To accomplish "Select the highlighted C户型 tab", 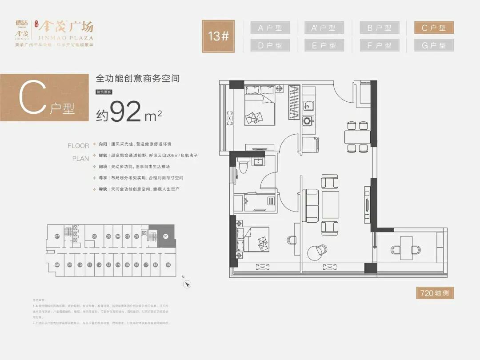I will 434,28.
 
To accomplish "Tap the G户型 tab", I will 434,45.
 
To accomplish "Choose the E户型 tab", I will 324,45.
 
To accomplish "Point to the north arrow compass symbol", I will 188,283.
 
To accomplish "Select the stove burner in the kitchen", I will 308,120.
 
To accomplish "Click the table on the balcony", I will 406,247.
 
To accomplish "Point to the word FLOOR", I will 78,146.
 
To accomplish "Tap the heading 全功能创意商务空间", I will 138,79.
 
